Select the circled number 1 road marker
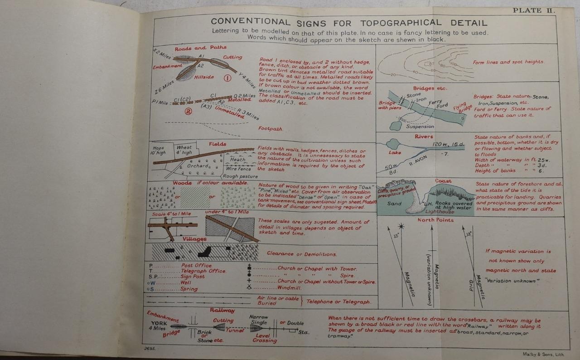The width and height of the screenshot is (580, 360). click(228, 78)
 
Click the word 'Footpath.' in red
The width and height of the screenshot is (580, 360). click(270, 129)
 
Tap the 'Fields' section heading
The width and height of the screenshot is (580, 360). click(217, 144)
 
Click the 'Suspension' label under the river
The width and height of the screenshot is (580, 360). click(420, 126)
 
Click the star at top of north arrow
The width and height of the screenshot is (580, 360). click(401, 226)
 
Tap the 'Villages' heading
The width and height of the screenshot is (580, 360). click(195, 239)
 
